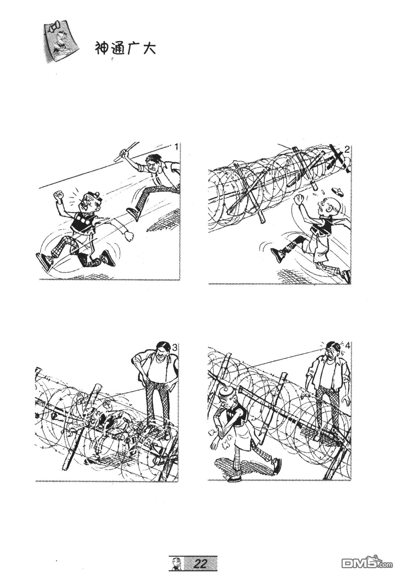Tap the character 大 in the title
point(149,48)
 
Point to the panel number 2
point(347,149)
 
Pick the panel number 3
point(174,348)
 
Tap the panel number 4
point(347,346)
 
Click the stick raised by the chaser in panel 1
point(127,151)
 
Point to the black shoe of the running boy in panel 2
point(278,254)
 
